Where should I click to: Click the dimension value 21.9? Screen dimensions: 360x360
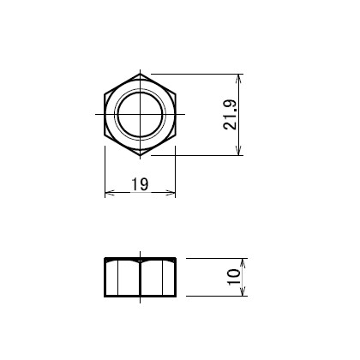(x=231, y=115)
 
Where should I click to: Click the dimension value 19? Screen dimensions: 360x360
(x=140, y=184)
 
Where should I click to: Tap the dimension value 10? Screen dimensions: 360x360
(x=234, y=277)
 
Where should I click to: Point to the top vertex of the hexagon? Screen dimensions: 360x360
(x=140, y=74)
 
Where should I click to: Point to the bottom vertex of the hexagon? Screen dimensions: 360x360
(x=140, y=155)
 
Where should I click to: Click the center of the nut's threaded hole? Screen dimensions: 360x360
(x=140, y=114)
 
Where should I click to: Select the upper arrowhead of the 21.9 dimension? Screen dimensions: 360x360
(x=239, y=79)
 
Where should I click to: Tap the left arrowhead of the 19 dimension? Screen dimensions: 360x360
(x=110, y=193)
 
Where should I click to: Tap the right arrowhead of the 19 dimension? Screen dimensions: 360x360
(x=171, y=193)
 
